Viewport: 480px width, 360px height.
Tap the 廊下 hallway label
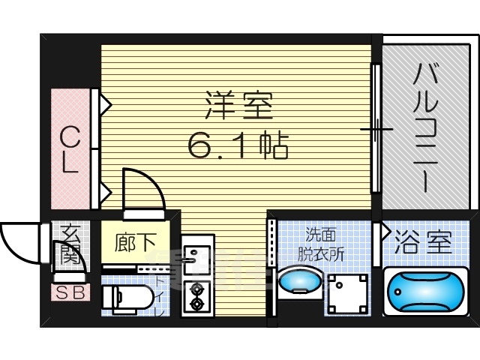(x=136, y=243)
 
